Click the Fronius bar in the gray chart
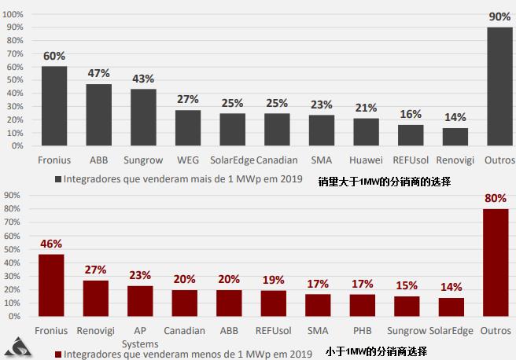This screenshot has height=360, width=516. coord(54,106)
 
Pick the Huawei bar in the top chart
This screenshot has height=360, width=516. coord(366,132)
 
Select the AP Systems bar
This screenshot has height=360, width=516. coord(140,300)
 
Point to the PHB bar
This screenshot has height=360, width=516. coord(362,304)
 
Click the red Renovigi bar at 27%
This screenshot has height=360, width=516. coord(96,297)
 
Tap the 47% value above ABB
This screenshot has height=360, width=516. coord(98,73)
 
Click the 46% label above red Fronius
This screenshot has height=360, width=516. coord(51,244)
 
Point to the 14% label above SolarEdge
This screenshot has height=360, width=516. coord(451,287)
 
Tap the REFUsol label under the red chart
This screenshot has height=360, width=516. coord(274,331)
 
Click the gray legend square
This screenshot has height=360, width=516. coord(58,178)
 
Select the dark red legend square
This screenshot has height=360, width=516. coord(58,354)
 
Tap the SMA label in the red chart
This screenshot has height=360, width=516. coord(319,331)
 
